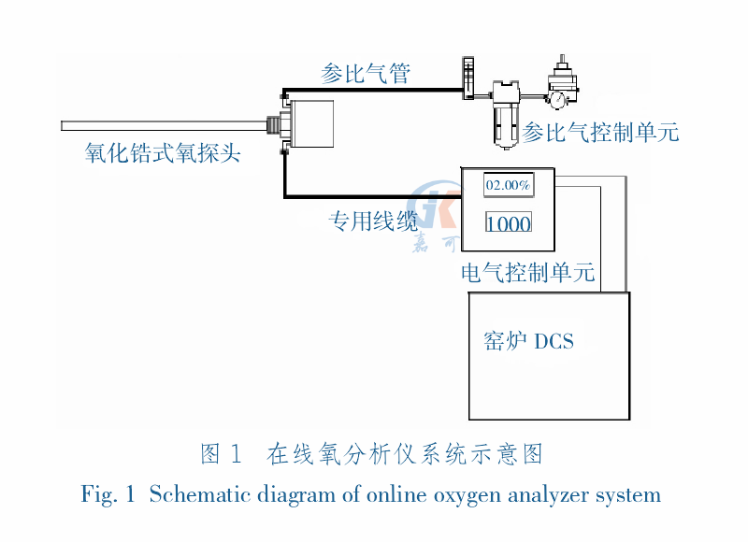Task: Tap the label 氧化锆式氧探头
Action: [x=163, y=152]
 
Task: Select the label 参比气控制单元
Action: [x=600, y=132]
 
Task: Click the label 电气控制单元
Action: [x=528, y=274]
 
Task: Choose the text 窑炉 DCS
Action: [x=528, y=341]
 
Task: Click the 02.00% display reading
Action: [x=508, y=185]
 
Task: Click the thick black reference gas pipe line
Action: [x=374, y=91]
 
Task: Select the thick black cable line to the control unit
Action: [x=374, y=197]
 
